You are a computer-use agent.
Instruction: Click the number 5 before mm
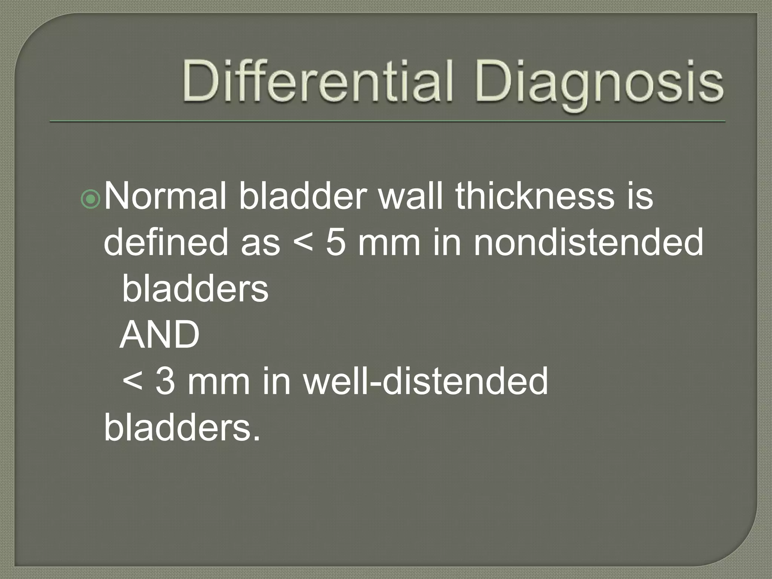pyautogui.click(x=335, y=243)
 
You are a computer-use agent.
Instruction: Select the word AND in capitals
pyautogui.click(x=160, y=335)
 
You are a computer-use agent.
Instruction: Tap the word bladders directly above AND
pyautogui.click(x=195, y=289)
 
